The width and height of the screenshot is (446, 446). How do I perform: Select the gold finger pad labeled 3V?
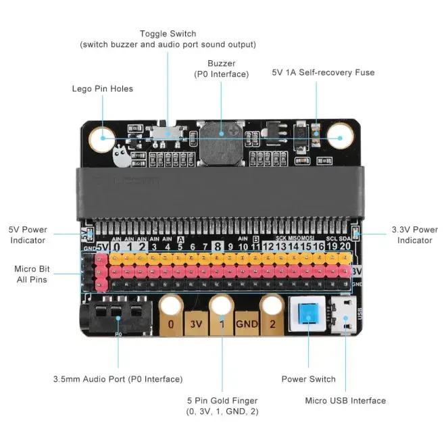[196, 324]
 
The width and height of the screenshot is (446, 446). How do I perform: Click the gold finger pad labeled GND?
[247, 324]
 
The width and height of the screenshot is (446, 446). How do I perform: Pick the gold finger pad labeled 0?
[171, 324]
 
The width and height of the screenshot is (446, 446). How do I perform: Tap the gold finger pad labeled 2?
[272, 324]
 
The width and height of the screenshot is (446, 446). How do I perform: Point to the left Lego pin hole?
[105, 140]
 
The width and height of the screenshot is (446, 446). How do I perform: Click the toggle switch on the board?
[167, 131]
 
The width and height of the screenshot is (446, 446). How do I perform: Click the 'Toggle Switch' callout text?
[168, 34]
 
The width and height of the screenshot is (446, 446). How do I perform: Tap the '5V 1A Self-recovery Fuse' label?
[323, 72]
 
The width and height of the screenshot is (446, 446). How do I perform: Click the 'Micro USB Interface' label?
[345, 401]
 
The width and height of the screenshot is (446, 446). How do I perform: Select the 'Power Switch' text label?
[308, 379]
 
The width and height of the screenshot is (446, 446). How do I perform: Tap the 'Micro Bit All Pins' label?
[31, 274]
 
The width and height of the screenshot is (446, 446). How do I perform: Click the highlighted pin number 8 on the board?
[218, 247]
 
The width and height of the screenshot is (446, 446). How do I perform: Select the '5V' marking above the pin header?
[101, 247]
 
